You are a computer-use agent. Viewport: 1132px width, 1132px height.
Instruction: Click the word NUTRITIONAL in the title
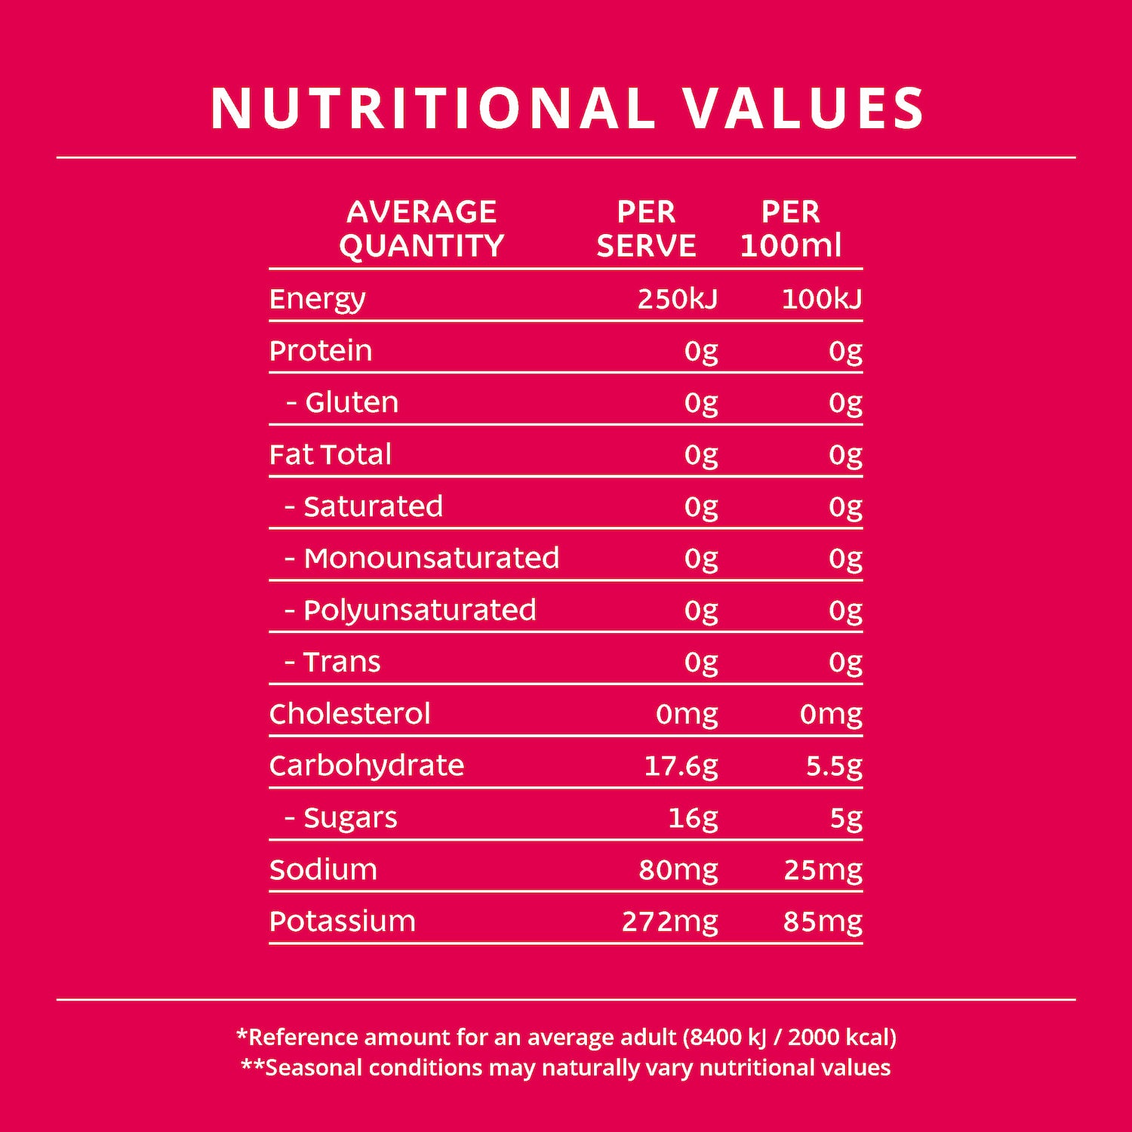click(432, 108)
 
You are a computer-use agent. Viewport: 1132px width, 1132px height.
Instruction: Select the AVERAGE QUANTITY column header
click(421, 229)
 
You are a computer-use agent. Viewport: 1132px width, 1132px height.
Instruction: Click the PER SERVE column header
click(646, 229)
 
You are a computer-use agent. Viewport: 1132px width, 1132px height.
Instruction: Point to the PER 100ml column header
click(790, 229)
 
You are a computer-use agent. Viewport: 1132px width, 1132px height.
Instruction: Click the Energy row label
click(317, 300)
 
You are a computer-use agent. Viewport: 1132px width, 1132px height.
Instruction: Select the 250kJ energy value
click(677, 300)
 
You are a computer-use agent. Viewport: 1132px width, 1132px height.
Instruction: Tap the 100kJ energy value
click(821, 300)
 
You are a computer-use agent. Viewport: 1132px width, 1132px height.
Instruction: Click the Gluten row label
click(351, 402)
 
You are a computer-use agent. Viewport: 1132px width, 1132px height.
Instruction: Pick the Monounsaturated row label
click(431, 558)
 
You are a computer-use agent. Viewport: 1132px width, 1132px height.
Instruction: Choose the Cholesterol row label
click(349, 714)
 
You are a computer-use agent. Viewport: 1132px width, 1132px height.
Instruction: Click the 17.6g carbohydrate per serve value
click(681, 766)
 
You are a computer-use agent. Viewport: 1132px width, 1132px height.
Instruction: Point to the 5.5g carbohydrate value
click(834, 766)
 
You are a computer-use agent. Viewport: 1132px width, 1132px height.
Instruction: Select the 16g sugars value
click(693, 818)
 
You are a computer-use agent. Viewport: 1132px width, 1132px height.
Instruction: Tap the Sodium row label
click(323, 870)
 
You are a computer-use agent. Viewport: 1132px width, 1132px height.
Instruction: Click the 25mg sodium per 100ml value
click(823, 870)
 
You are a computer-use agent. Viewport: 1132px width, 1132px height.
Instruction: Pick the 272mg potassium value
click(669, 921)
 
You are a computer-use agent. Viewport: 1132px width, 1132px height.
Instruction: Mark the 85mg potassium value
click(823, 921)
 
